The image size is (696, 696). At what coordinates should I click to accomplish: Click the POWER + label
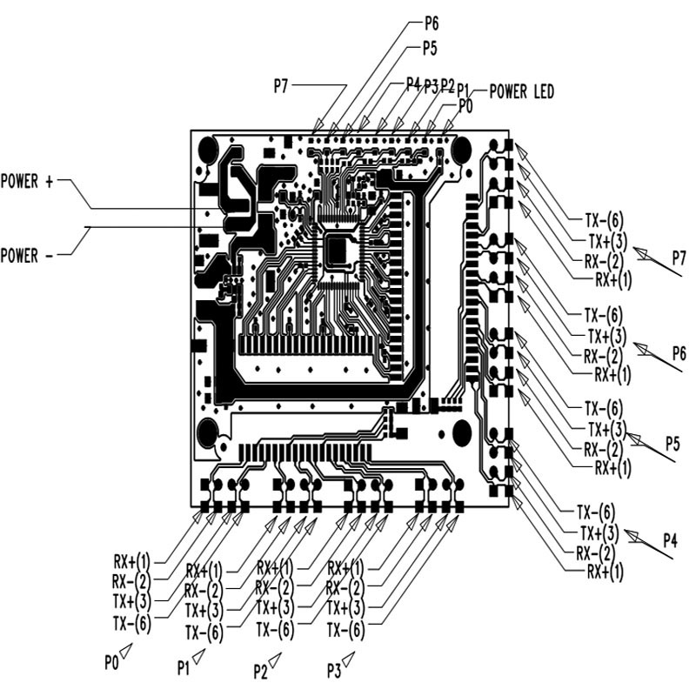(27, 182)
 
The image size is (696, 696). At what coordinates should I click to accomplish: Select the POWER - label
(27, 256)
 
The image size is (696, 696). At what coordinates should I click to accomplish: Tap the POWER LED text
(521, 91)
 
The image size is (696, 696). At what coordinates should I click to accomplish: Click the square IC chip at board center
(338, 251)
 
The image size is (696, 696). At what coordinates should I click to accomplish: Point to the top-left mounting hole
(208, 149)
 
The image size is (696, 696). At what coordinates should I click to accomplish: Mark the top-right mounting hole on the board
(462, 149)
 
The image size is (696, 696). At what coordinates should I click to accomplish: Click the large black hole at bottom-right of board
(462, 432)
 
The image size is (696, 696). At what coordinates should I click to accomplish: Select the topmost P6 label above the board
(432, 23)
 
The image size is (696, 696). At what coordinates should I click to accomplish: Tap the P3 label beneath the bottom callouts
(334, 670)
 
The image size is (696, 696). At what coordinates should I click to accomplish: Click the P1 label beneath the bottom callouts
(184, 667)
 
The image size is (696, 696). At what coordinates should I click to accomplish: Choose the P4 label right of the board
(670, 540)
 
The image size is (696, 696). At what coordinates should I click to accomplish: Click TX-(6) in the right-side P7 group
(604, 220)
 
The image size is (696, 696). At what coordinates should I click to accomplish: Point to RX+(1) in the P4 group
(605, 572)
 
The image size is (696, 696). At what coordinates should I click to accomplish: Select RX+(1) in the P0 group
(132, 562)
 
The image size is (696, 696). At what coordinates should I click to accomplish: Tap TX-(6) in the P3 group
(345, 630)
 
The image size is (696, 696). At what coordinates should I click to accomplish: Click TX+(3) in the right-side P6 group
(606, 336)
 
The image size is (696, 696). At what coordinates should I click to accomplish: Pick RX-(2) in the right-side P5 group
(603, 450)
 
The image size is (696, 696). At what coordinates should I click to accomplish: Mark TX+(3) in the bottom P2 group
(275, 607)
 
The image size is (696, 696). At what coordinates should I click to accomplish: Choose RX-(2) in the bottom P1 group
(204, 591)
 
